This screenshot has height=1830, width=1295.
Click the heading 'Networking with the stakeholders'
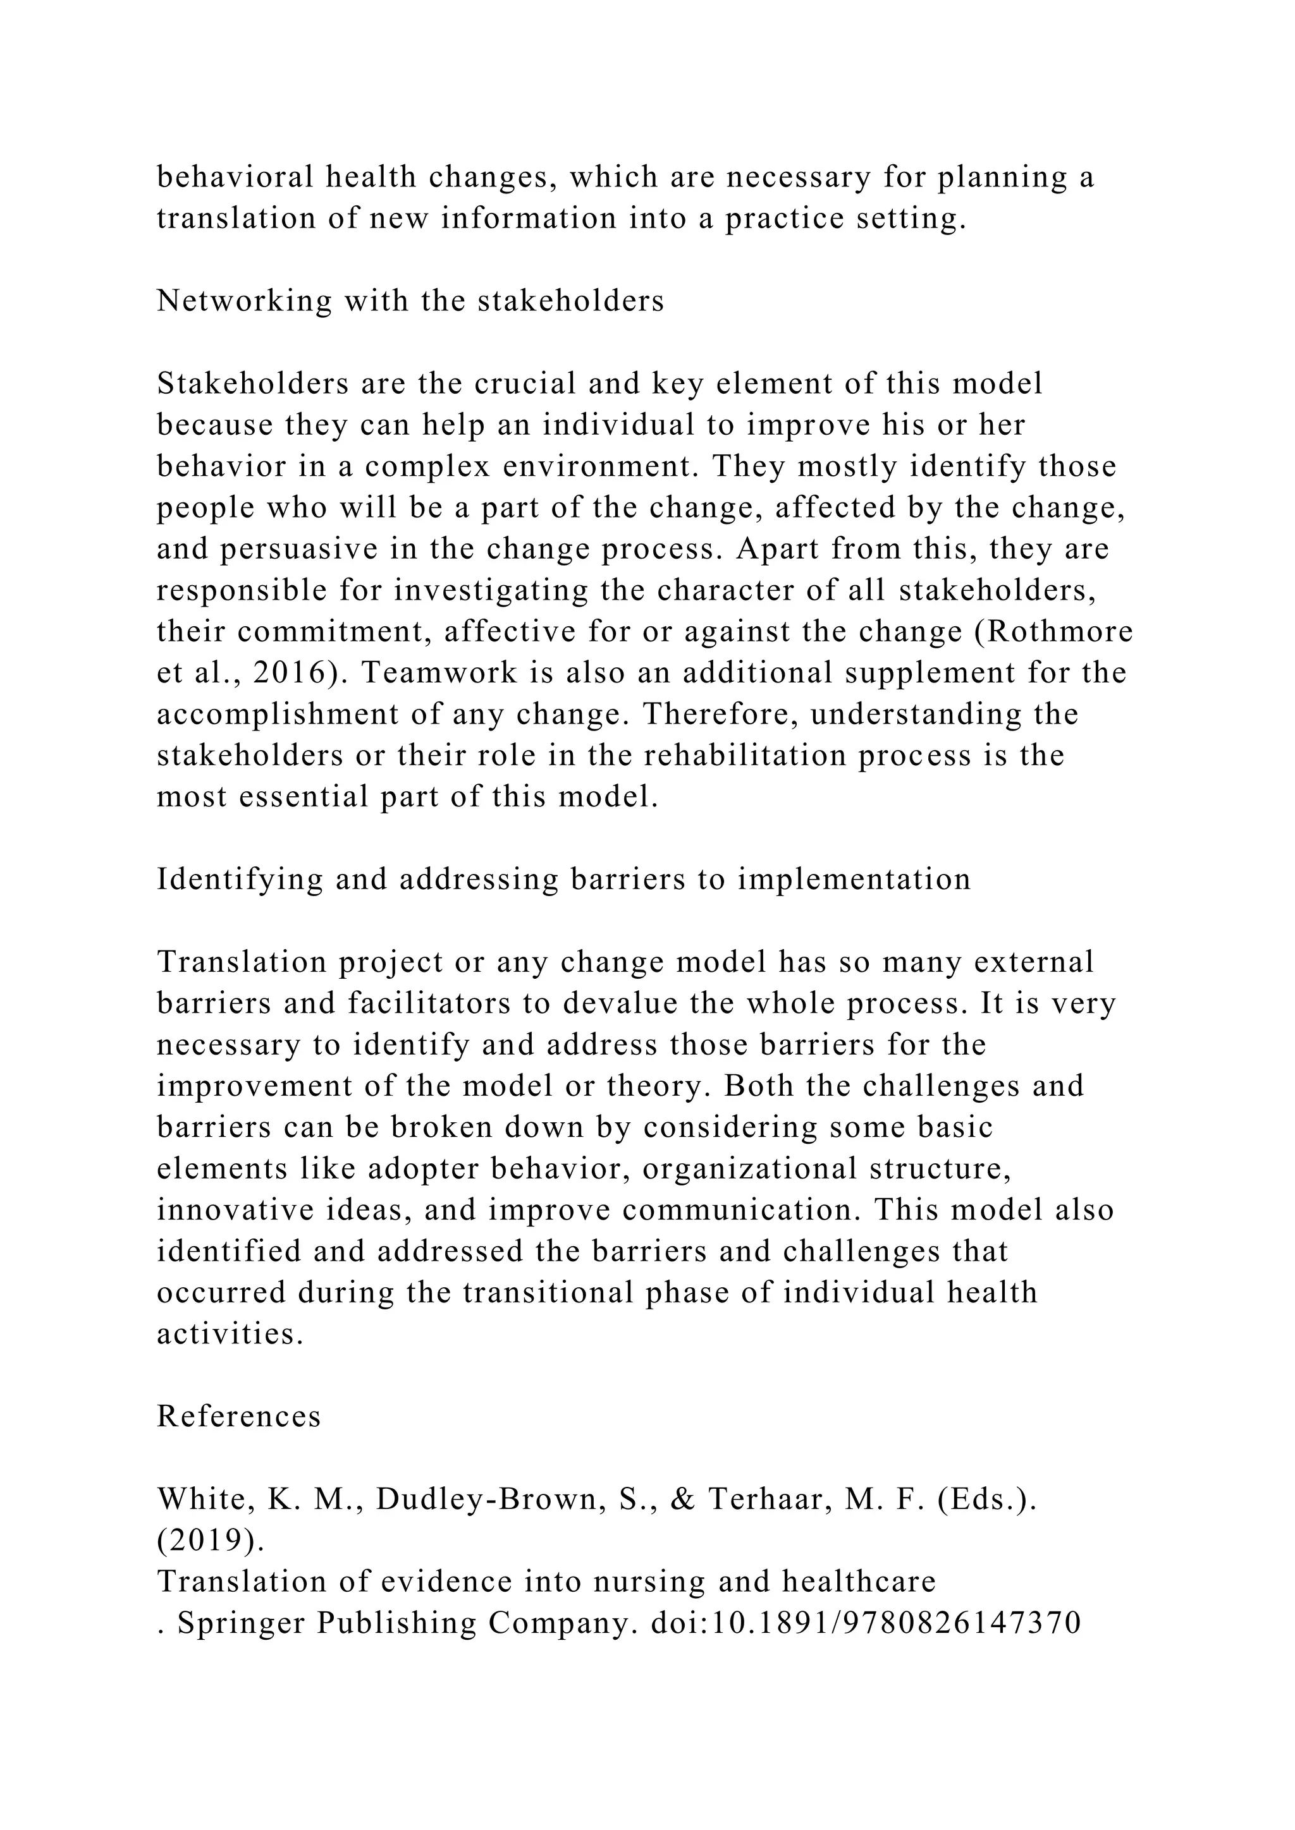point(410,301)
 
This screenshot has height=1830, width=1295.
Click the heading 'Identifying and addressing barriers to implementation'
point(564,879)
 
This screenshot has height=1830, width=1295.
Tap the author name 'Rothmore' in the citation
point(1060,632)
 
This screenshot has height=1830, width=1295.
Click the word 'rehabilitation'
point(745,756)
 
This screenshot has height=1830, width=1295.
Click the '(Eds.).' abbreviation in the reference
point(986,1500)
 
